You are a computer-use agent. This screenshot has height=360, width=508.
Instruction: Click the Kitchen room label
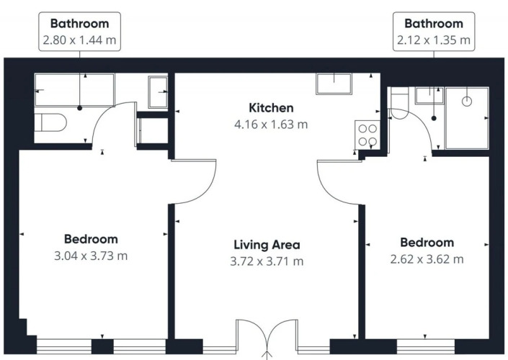(x=271, y=108)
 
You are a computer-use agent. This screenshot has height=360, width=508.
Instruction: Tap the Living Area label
(x=267, y=245)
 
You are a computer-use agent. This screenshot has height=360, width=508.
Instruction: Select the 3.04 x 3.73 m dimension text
(x=91, y=256)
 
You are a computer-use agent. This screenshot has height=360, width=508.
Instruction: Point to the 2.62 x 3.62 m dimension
(x=427, y=259)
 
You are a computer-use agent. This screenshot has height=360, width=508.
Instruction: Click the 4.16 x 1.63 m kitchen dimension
(x=271, y=125)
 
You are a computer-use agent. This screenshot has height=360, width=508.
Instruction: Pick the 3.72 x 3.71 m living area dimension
(x=267, y=261)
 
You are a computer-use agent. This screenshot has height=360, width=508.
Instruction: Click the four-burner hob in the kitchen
(x=367, y=135)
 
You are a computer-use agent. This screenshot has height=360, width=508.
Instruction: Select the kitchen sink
(x=334, y=84)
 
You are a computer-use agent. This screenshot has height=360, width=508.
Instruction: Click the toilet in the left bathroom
(x=50, y=122)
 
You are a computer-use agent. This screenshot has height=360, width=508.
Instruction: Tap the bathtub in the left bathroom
(x=74, y=90)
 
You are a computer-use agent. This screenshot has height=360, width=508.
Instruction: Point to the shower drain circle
(x=466, y=102)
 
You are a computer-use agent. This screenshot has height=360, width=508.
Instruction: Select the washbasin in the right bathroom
(x=429, y=95)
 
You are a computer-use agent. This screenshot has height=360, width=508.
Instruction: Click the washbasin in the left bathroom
(x=158, y=92)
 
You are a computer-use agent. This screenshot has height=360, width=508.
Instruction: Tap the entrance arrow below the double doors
(x=267, y=355)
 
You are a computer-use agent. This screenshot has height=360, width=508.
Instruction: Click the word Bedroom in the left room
(x=91, y=239)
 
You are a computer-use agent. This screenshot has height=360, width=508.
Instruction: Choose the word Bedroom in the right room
(x=427, y=243)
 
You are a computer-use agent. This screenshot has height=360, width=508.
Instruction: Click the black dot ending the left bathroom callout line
(x=80, y=108)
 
